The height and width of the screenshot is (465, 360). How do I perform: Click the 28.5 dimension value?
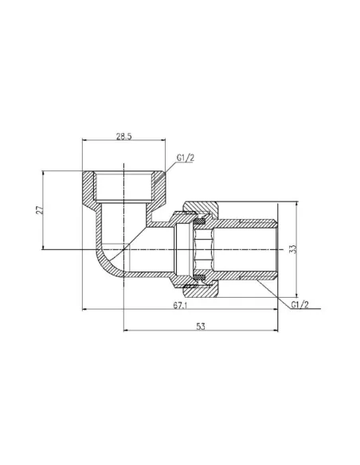pos(123,137)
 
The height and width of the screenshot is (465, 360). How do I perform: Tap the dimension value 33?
pos(294,249)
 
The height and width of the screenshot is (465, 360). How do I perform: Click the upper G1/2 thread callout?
pos(185,158)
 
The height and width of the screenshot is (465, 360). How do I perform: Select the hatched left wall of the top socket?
pos(88,188)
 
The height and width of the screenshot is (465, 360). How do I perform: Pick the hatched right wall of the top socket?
pos(159,188)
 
